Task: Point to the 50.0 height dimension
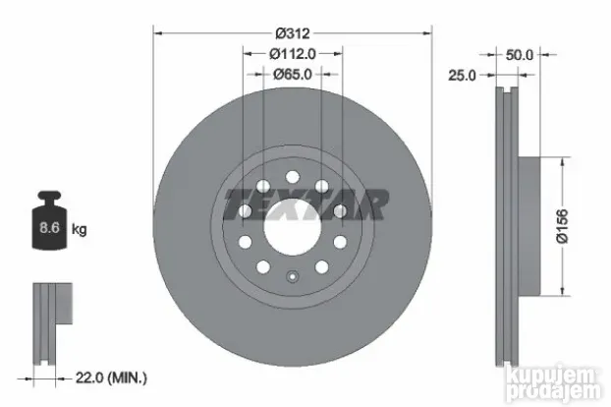(x=519, y=55)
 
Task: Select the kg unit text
(x=80, y=230)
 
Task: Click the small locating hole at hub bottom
(x=292, y=277)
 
